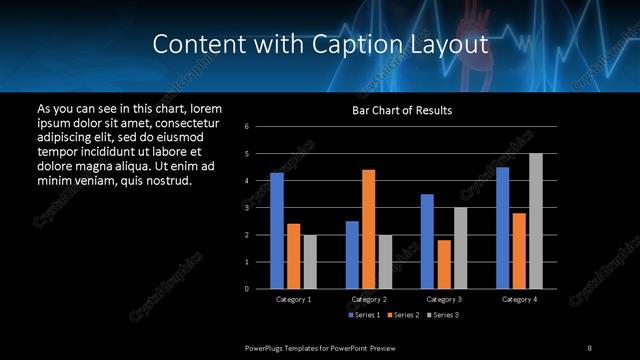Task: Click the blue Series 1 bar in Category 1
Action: tap(277, 231)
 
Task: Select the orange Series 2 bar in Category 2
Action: tap(369, 229)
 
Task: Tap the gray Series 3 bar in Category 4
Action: tap(536, 221)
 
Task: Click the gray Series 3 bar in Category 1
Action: tap(310, 262)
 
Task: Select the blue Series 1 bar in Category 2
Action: tap(352, 255)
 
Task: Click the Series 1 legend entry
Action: tap(363, 315)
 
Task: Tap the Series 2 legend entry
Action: tap(402, 315)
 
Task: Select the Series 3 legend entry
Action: tap(441, 315)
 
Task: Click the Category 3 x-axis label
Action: tap(444, 299)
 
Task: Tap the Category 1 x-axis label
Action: tap(293, 299)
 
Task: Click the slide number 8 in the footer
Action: tap(590, 347)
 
